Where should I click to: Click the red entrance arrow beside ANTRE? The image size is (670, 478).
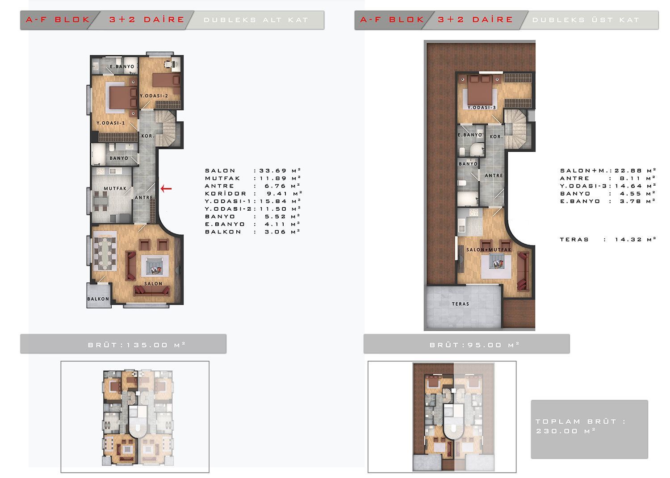pyautogui.click(x=166, y=189)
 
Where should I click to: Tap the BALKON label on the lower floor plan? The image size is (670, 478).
pyautogui.click(x=98, y=299)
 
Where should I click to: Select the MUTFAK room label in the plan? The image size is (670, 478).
pyautogui.click(x=115, y=189)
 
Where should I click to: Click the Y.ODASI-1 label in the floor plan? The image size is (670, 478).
pyautogui.click(x=111, y=123)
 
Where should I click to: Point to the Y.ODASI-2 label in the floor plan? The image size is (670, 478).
pyautogui.click(x=154, y=96)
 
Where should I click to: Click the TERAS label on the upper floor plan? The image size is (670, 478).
pyautogui.click(x=461, y=304)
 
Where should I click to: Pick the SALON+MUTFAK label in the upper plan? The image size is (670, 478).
pyautogui.click(x=489, y=249)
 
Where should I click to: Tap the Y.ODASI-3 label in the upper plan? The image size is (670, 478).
pyautogui.click(x=482, y=108)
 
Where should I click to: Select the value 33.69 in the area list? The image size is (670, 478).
pyautogui.click(x=273, y=170)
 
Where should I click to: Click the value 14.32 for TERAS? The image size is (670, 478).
pyautogui.click(x=628, y=240)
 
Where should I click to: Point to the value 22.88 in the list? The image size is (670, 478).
pyautogui.click(x=628, y=170)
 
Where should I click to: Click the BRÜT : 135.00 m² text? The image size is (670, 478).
pyautogui.click(x=137, y=345)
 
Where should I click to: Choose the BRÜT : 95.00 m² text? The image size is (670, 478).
pyautogui.click(x=474, y=345)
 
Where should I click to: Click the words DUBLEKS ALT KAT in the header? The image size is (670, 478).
pyautogui.click(x=256, y=20)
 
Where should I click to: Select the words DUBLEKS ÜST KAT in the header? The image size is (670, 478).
pyautogui.click(x=586, y=20)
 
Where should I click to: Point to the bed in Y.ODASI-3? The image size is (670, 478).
pyautogui.click(x=480, y=90)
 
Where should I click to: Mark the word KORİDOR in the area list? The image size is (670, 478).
pyautogui.click(x=226, y=193)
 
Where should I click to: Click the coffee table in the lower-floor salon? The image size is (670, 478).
pyautogui.click(x=155, y=266)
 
